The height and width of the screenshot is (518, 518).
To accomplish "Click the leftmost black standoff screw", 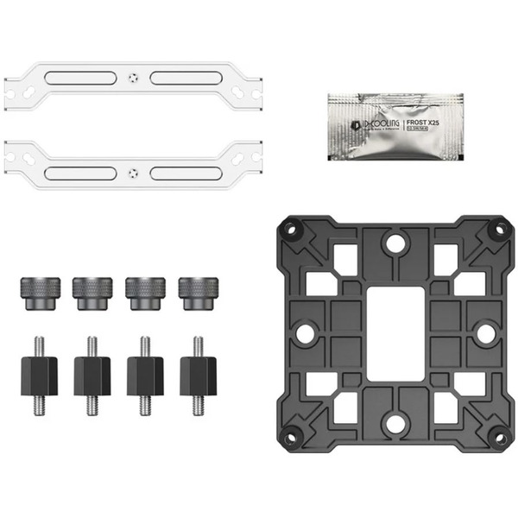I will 40,374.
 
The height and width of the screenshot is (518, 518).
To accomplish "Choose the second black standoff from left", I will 92,374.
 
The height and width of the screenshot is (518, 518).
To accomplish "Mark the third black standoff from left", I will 145,374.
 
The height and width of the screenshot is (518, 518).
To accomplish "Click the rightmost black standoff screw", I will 198,374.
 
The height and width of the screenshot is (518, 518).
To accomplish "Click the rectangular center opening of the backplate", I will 394,333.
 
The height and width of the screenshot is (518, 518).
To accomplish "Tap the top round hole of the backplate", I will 395,243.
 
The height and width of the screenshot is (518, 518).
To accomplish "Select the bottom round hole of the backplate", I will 395,424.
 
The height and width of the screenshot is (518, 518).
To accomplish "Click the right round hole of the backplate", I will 485,333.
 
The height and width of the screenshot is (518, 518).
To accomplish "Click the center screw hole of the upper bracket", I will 132,75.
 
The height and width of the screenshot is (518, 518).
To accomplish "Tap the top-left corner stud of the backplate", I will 291,230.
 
